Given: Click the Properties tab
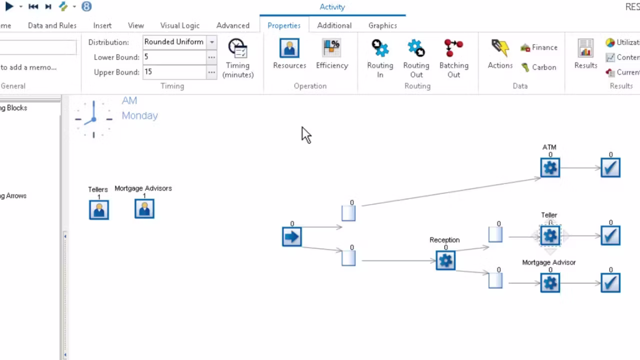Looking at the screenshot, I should pos(284,25).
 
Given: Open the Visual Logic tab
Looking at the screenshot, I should pos(179,25).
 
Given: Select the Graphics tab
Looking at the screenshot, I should pos(382,25).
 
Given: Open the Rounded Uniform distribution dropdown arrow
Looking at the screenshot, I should pos(212,42).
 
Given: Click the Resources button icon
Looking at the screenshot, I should pos(289,48).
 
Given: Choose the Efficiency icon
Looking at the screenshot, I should pos(331,48).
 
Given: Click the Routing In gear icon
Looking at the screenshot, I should pos(380,48).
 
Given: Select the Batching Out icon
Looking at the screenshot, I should pos(453,48).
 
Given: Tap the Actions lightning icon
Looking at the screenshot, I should pos(500,48).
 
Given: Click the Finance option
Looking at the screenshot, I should pos(539,47).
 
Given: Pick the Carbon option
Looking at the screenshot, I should pos(538,67).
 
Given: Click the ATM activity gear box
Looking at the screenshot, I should pos(550,168).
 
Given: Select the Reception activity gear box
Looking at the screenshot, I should pos(445,260).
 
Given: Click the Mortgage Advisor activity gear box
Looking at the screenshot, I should pos(550,283).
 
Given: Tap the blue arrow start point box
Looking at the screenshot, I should pos(292,236).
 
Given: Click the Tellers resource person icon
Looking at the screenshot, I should pos(99,209).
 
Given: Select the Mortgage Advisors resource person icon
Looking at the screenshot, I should pos(144,209).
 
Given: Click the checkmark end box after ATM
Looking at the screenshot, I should pos(610,168).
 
